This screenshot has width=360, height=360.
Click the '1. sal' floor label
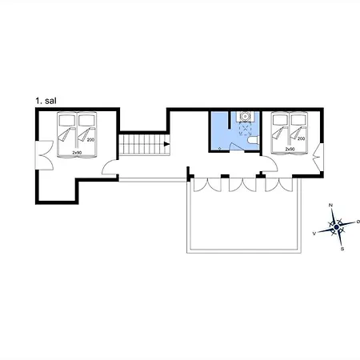(x=46, y=101)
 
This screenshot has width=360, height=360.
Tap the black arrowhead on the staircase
(x=166, y=144)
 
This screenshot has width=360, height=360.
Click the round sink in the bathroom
(x=245, y=116)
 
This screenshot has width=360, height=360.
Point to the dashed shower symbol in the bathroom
(x=245, y=129)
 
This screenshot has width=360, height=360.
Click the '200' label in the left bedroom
(x=90, y=139)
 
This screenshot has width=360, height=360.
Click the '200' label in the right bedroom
(x=301, y=138)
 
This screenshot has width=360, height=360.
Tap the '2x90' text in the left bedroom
(x=77, y=153)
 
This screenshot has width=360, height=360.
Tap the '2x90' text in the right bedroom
(x=290, y=150)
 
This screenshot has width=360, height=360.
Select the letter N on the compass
(x=330, y=205)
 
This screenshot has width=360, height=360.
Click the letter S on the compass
(x=342, y=249)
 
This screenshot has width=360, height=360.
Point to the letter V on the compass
(x=314, y=234)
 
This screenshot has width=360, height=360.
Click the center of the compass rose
(x=337, y=227)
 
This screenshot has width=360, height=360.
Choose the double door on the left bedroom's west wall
(x=45, y=155)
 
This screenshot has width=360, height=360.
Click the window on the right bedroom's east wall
(x=318, y=158)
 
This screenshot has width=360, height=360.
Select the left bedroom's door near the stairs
(x=110, y=167)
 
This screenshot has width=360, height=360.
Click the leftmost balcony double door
(x=207, y=185)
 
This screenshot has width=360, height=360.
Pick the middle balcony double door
(x=242, y=185)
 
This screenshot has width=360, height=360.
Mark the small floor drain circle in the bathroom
(x=220, y=149)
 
